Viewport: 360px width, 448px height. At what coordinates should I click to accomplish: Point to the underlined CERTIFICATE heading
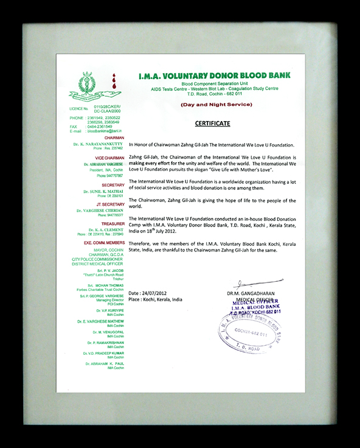click(x=212, y=124)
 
